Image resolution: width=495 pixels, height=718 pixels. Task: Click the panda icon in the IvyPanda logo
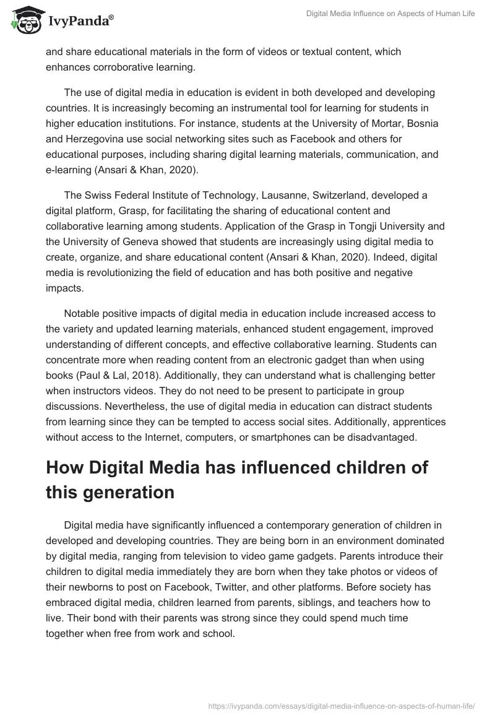(x=24, y=20)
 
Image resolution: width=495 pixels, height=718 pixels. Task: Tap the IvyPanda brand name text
(x=80, y=22)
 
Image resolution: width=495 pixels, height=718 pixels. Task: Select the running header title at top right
(x=390, y=14)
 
